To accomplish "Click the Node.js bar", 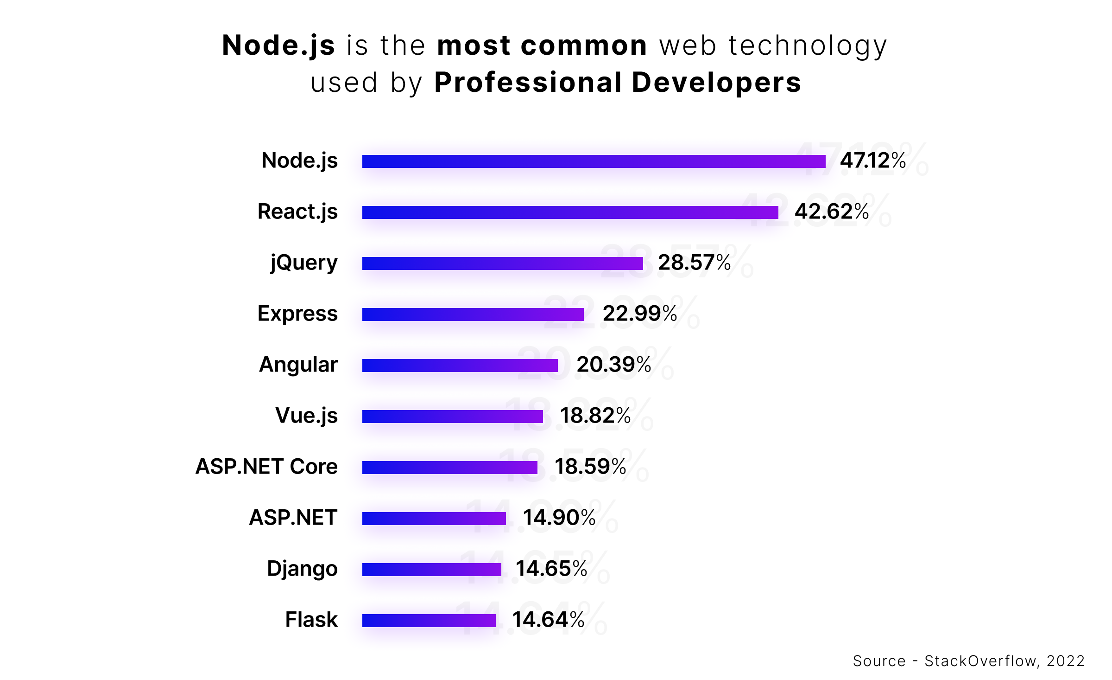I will (x=594, y=161).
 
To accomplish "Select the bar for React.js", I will (x=570, y=212).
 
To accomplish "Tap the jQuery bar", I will (x=502, y=263).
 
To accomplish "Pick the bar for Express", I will (x=473, y=314).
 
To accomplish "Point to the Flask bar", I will (x=429, y=621).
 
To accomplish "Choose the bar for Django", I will (x=431, y=570).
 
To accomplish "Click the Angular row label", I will (x=298, y=365).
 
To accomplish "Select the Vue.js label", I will (x=306, y=416).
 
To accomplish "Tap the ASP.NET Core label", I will (x=266, y=467).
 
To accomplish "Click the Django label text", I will (x=302, y=569).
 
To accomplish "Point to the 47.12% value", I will (x=873, y=161).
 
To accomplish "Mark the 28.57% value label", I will (x=694, y=263).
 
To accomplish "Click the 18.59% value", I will (x=590, y=467).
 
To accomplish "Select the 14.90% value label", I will (x=559, y=518).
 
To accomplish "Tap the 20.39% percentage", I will (x=613, y=365).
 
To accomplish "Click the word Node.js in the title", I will (x=278, y=45).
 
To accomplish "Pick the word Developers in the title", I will (x=716, y=83).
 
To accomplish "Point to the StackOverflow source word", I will (x=980, y=661).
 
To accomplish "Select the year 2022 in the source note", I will (x=1065, y=661).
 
